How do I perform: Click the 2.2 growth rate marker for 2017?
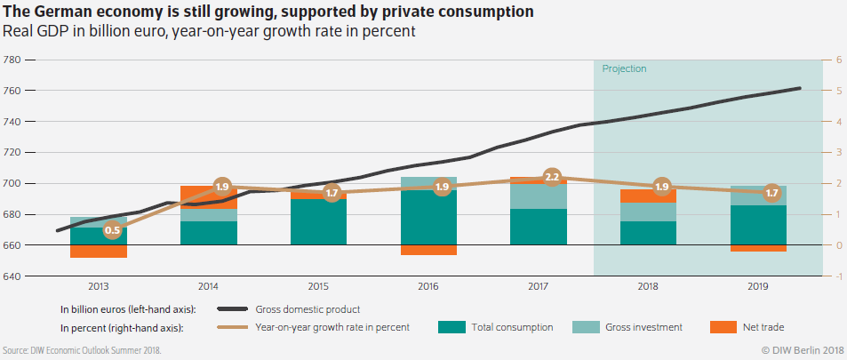coord(552,177)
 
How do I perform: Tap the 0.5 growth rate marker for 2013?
coord(113,230)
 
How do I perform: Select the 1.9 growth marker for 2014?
coord(223,187)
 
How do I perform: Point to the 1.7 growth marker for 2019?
coord(771,192)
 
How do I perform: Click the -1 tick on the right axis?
coord(836,276)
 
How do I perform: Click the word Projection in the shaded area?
coord(624,68)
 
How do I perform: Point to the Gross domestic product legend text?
coord(308,309)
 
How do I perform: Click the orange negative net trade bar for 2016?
coord(428,250)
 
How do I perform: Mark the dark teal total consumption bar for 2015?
coord(318,222)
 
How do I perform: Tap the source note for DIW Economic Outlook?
coord(83,350)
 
